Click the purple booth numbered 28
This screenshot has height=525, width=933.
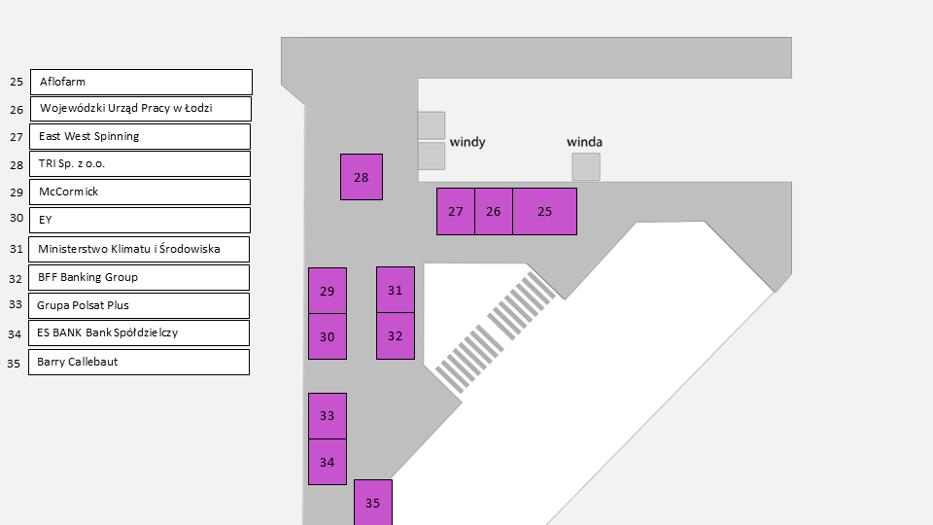pos(362,177)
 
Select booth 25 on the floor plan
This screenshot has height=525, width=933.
pos(544,211)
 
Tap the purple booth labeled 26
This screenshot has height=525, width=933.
pos(494,211)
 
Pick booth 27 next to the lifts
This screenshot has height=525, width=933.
pos(456,211)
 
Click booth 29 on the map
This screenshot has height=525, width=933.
pos(328,291)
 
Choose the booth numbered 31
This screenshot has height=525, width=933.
pos(396,290)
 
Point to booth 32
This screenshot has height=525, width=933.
pos(396,336)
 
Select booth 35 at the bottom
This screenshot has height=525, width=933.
pos(373,502)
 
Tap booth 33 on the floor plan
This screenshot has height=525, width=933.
pos(328,416)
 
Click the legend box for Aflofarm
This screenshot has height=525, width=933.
pos(141,82)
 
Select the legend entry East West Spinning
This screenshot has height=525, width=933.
pos(141,136)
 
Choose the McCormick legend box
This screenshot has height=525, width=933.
pos(141,192)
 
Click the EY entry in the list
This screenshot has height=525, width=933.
pos(141,220)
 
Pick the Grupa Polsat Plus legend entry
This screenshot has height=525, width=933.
pos(139,305)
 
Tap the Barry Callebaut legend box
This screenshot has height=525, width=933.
pos(139,362)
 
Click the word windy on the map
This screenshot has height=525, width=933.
pos(467,142)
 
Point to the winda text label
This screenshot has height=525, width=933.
pos(584,142)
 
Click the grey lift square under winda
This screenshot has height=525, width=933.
pos(586,166)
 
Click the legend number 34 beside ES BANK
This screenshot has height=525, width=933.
pos(15,333)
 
